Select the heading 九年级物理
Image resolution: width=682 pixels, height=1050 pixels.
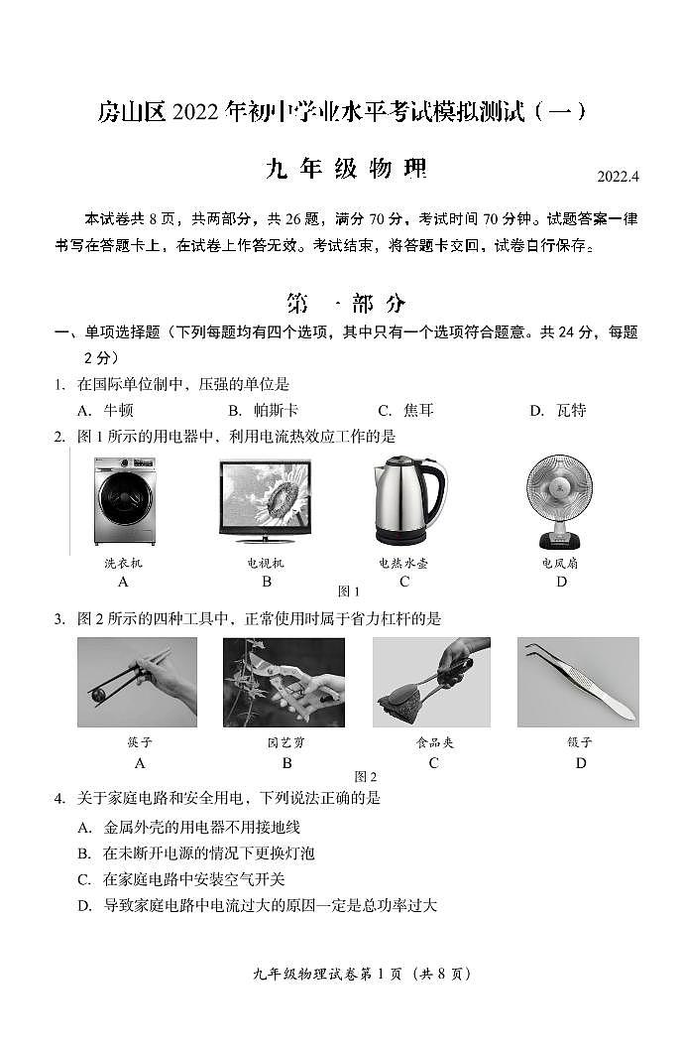coord(346,169)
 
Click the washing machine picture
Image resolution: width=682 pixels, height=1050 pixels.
coord(124,501)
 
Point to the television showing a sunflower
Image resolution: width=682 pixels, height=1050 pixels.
coord(266,502)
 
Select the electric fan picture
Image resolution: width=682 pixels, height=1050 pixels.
coord(560,501)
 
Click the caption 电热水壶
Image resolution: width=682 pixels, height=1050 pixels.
coord(403,563)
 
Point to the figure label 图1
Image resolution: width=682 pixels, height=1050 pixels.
coord(349,591)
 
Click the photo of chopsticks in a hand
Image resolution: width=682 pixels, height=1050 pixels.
coord(138,682)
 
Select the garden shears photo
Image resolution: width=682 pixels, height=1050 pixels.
coord(284,682)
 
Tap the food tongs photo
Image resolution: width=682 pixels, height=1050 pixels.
coord(431,682)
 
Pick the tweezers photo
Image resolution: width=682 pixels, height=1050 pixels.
coord(578,682)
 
